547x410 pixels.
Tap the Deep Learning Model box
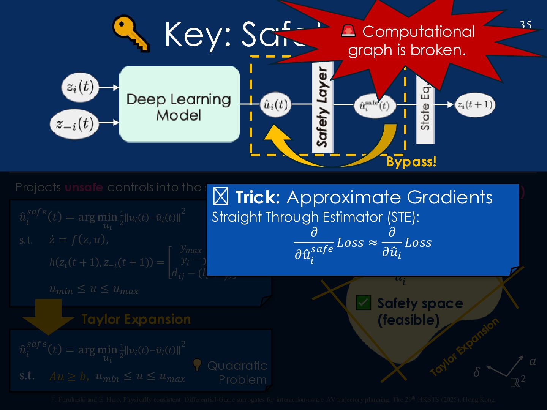(179, 104)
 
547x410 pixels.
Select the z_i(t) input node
(80, 87)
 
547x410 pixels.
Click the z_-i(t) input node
(74, 123)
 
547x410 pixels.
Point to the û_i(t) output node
(275, 104)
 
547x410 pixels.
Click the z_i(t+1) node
(475, 104)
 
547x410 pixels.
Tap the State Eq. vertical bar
(425, 110)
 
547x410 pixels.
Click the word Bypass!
(411, 162)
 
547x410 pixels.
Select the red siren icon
(348, 31)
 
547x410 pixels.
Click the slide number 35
(525, 25)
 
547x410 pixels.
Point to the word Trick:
(258, 197)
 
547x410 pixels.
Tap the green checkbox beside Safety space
(363, 303)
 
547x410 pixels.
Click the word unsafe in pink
(84, 187)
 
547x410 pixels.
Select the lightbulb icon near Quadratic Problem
(197, 364)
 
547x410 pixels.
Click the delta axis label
(477, 372)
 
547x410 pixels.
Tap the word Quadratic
(237, 366)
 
